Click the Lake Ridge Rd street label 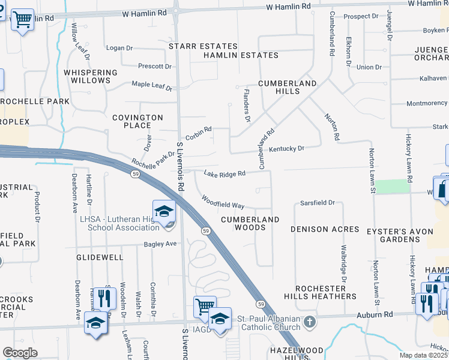pyautogui.click(x=224, y=174)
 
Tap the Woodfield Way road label pyautogui.click(x=223, y=202)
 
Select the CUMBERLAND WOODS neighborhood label pyautogui.click(x=250, y=223)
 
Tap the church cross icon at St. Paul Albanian pyautogui.click(x=309, y=322)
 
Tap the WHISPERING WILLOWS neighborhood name pyautogui.click(x=95, y=76)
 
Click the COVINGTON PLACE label pyautogui.click(x=137, y=121)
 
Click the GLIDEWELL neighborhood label pyautogui.click(x=100, y=257)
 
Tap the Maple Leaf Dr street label pyautogui.click(x=152, y=86)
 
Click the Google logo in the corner pyautogui.click(x=20, y=352)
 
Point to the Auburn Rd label pyautogui.click(x=380, y=314)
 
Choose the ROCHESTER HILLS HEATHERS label pyautogui.click(x=326, y=292)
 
